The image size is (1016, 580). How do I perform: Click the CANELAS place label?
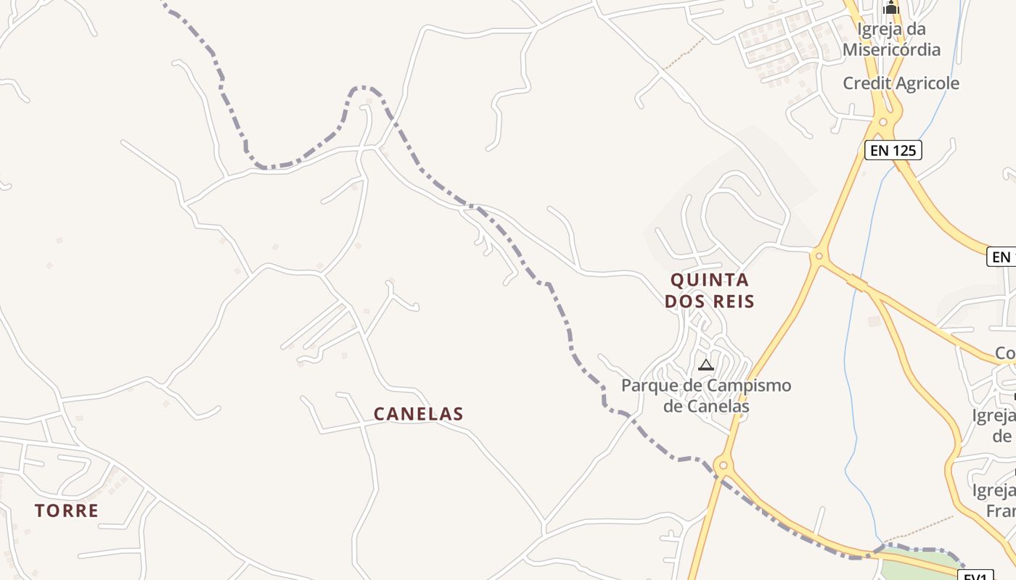418,414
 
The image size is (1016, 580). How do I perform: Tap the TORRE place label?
66,510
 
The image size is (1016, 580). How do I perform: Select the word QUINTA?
709,280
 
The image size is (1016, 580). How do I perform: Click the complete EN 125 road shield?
893,151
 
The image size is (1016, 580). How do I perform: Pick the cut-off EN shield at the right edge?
1002,257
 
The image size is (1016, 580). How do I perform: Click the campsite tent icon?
705,365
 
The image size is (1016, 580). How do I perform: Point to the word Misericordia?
891,49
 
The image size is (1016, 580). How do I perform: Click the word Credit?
865,83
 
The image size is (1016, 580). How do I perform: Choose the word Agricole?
926,83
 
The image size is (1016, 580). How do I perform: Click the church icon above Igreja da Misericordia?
890,9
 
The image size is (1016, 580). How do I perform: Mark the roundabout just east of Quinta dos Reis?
819,255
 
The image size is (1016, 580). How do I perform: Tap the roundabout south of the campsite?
722,465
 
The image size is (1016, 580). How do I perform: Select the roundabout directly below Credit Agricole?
882,121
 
